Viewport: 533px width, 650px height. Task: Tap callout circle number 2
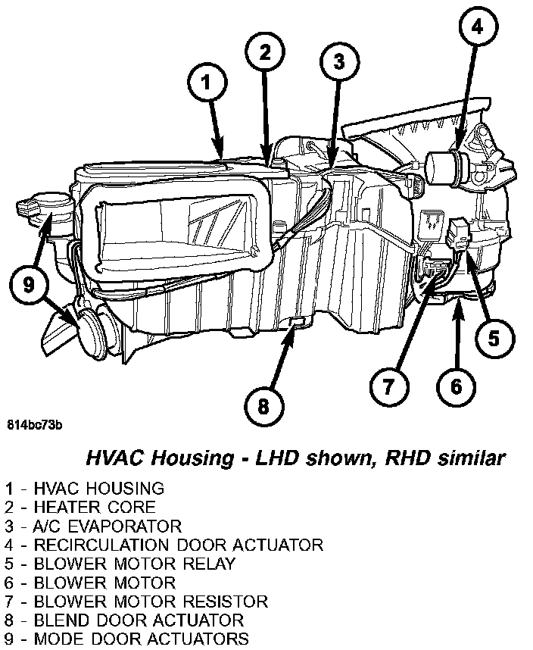[x=265, y=52]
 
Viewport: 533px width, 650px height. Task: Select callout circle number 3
[x=339, y=61]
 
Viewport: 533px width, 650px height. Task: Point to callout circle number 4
[x=476, y=29]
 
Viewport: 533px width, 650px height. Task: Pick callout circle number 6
[x=456, y=386]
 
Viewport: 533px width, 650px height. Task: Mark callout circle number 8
[x=263, y=407]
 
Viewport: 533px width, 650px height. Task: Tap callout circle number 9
[x=29, y=285]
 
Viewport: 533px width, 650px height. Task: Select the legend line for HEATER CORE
[x=79, y=507]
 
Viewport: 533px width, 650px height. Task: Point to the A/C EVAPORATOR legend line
[x=93, y=526]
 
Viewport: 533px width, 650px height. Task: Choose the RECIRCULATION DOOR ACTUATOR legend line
[x=164, y=545]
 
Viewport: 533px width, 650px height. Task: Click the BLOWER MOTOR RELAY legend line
[x=120, y=564]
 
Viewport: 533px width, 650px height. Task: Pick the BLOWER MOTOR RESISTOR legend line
[x=136, y=602]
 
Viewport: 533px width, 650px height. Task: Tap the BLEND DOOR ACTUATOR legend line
[x=124, y=620]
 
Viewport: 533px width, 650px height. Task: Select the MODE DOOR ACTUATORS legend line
[x=126, y=639]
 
